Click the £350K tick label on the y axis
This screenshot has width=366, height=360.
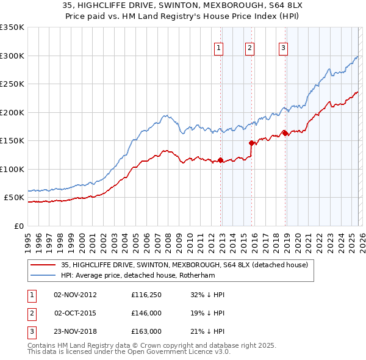12,27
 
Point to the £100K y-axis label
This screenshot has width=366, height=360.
12,169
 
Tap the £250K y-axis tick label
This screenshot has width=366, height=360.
12,84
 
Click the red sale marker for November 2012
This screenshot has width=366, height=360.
220,160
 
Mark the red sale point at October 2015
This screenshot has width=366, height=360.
251,143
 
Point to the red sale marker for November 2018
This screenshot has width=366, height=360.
285,133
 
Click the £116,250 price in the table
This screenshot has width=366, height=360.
146,295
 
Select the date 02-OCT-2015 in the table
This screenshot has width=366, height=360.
75,313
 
